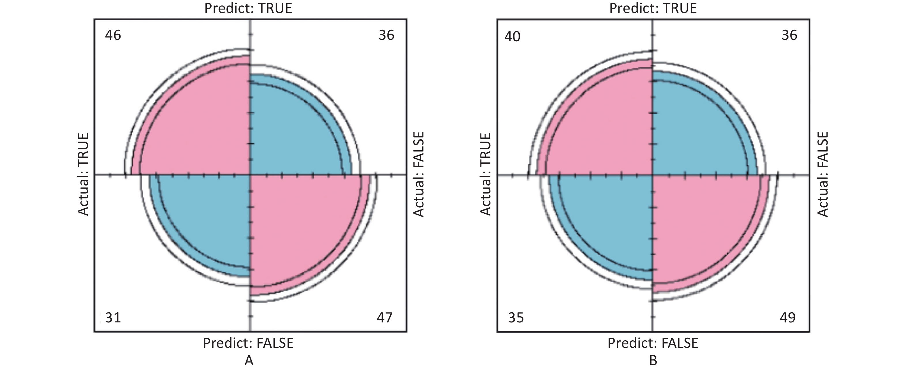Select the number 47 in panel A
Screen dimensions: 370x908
[384, 318]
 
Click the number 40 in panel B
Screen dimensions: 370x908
[512, 37]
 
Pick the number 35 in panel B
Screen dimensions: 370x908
[516, 318]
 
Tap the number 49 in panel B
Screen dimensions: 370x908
[788, 318]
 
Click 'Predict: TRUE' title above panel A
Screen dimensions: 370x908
[248, 8]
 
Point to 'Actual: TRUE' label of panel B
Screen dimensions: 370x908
[486, 174]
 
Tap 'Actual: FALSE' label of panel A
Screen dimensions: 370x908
[418, 174]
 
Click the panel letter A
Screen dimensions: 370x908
[249, 360]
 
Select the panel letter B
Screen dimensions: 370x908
[653, 360]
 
